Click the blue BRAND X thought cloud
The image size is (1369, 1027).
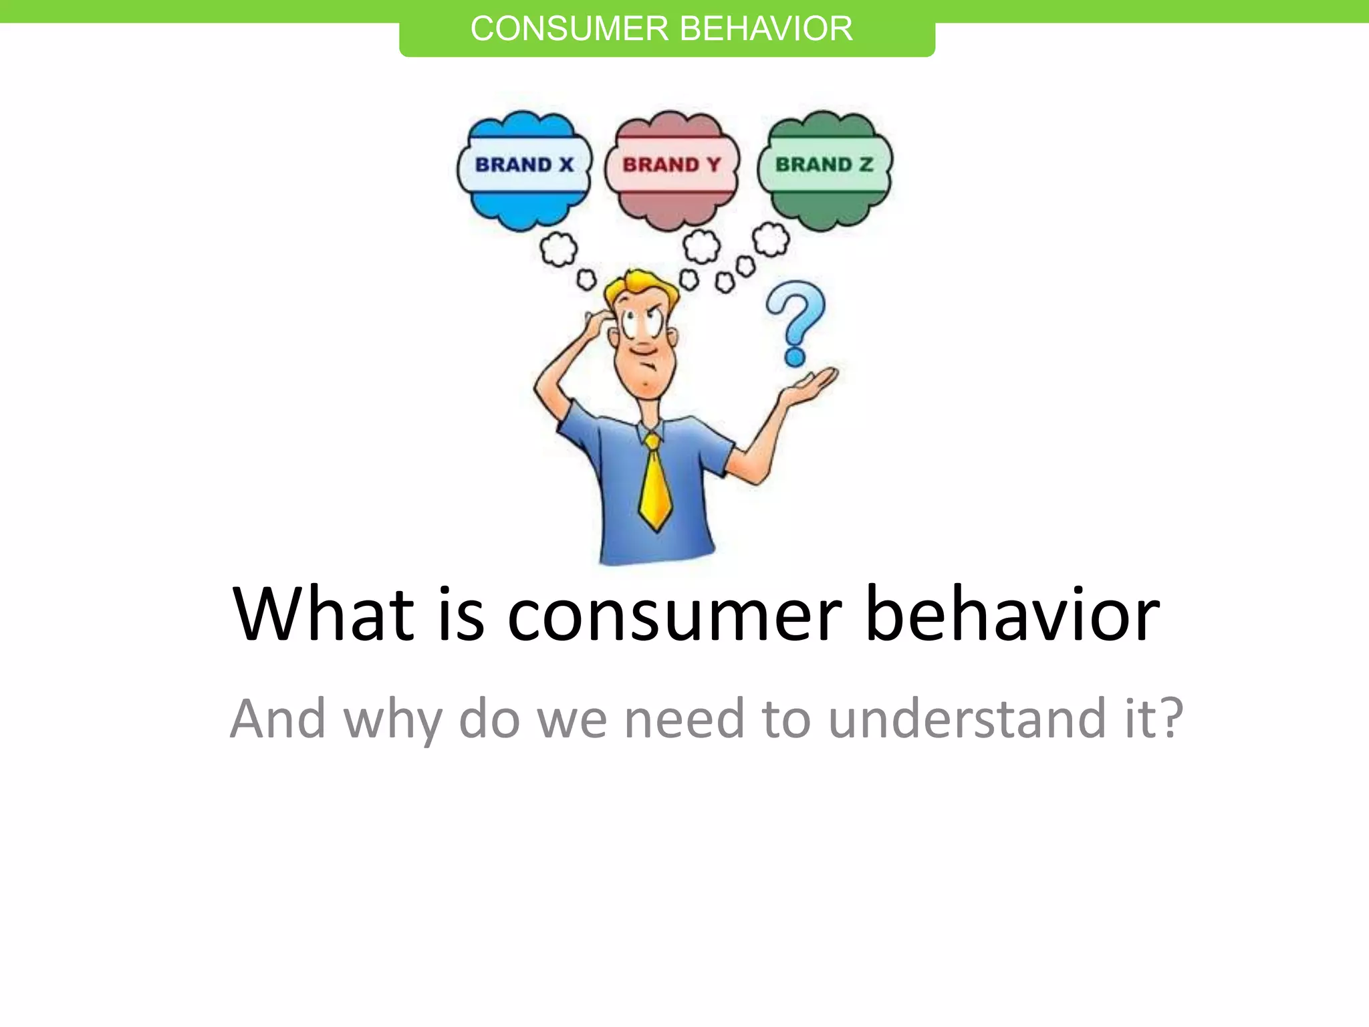525,170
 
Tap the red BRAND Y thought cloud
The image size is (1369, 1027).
672,170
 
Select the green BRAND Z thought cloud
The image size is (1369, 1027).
825,170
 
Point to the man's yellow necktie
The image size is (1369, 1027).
655,485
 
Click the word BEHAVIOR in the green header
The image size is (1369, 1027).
766,29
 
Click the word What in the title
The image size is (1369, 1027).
324,614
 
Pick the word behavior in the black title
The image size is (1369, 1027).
1012,614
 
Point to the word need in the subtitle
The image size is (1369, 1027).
683,719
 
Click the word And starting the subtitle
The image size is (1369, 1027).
277,719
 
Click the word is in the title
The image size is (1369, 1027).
461,614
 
